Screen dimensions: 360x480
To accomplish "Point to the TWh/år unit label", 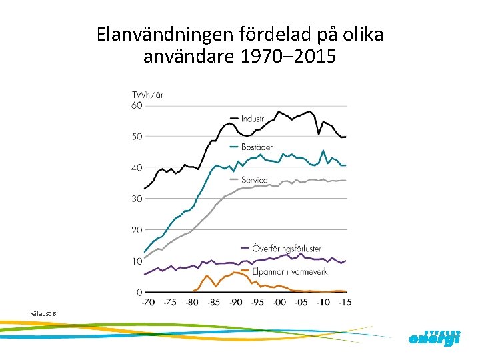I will [147, 95].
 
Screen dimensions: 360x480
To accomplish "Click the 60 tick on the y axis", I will [136, 105].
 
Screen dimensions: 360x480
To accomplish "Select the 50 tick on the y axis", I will [136, 137].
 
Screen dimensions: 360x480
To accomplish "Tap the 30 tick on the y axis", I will [136, 199].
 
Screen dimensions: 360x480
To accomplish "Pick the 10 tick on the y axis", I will [136, 261].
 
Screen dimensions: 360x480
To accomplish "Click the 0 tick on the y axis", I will [139, 292].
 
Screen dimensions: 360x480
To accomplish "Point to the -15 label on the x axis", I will [345, 303].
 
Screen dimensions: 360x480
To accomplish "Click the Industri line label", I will [254, 119].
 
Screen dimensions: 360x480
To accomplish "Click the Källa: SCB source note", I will [44, 313].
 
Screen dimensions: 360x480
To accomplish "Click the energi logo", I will [434, 338].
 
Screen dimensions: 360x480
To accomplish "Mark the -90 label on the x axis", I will [235, 303].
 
